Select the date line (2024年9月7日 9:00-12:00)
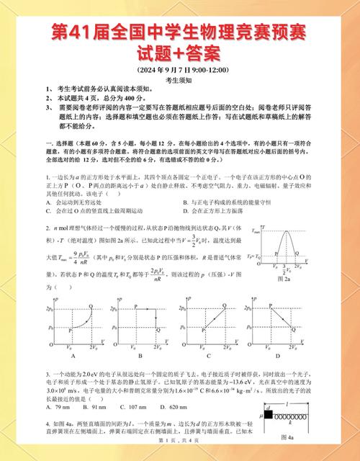point(180,69)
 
